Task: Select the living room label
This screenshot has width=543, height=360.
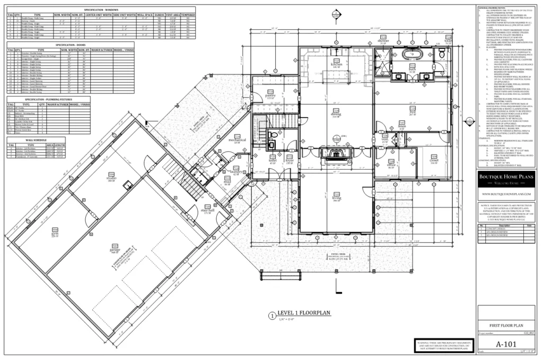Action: click(x=336, y=199)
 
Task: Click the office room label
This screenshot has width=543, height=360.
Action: click(x=391, y=165)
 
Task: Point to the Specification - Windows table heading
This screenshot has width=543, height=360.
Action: click(x=101, y=10)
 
